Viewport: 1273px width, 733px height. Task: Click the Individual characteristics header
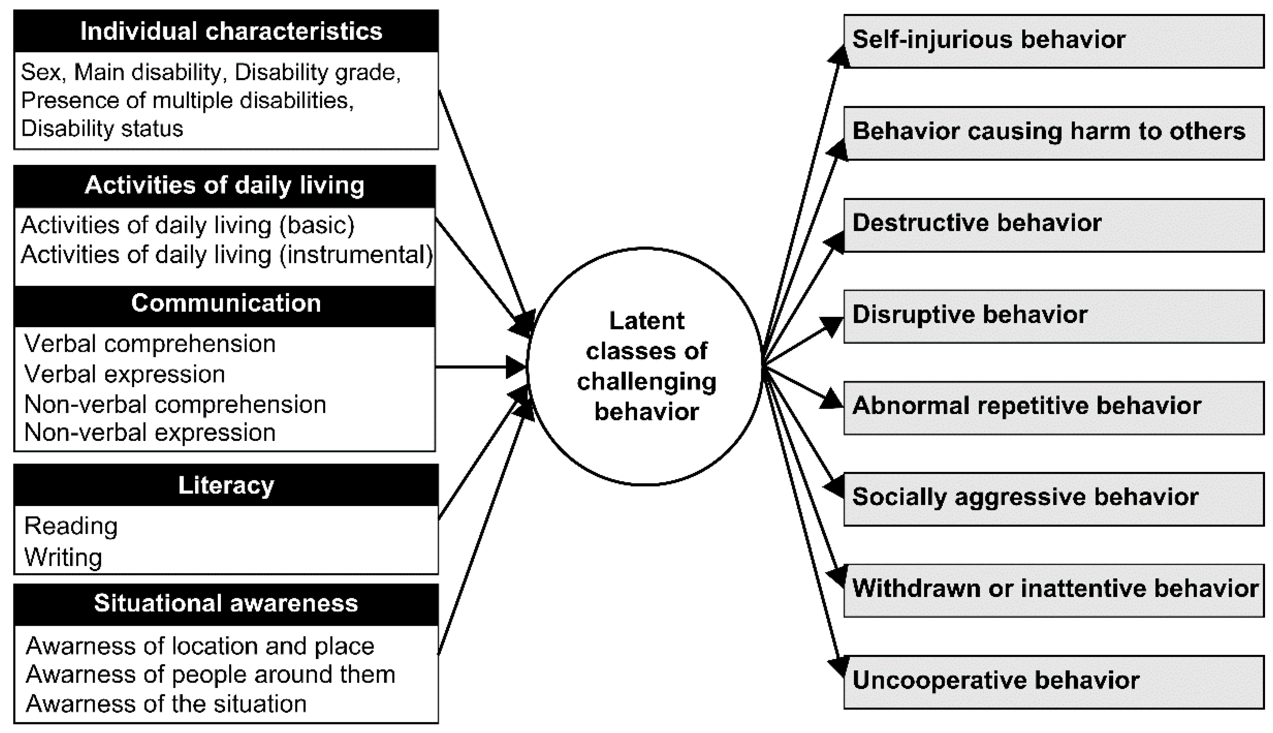tap(226, 31)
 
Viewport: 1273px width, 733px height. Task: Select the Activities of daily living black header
tap(225, 186)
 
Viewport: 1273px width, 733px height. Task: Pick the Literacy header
tap(226, 485)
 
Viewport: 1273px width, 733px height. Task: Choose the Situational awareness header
tap(226, 603)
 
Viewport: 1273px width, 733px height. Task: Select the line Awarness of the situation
tap(166, 704)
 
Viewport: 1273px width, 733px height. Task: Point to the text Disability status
tap(102, 129)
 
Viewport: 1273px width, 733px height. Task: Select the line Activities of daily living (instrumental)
tap(226, 255)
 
